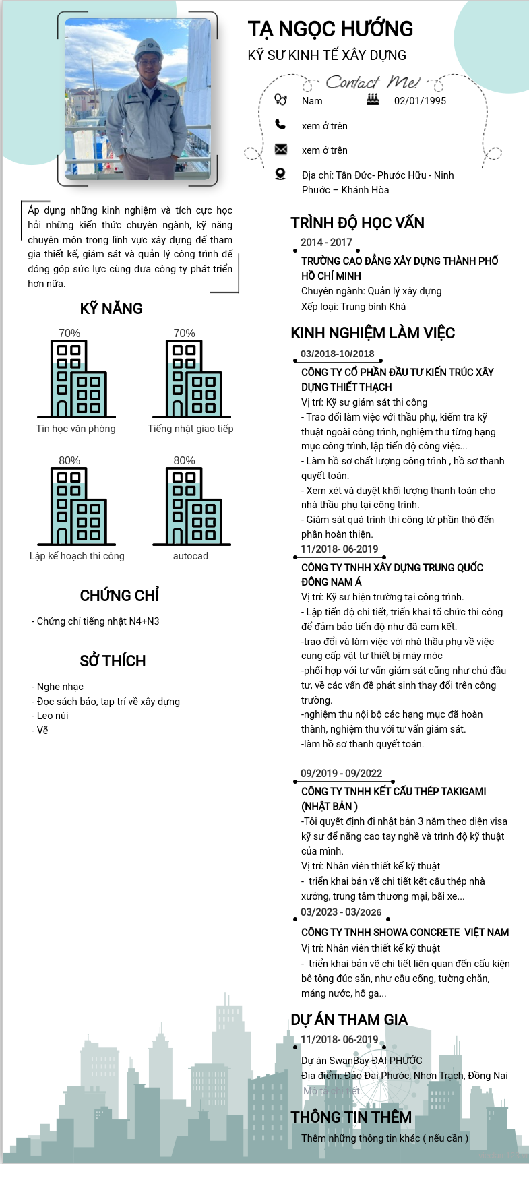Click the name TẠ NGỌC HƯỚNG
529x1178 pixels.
point(330,29)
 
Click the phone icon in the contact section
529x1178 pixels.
point(280,124)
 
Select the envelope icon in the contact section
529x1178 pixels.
point(281,149)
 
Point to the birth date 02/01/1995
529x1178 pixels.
point(420,101)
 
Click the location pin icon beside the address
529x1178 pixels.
point(280,174)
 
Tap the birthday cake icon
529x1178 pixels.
point(373,100)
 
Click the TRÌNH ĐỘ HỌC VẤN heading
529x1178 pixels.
point(357,223)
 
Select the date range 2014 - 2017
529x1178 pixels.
point(326,243)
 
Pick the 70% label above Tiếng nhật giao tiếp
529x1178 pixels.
point(184,333)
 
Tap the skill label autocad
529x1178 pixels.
point(191,556)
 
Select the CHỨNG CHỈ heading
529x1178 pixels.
point(119,596)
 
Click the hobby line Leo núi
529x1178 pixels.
point(53,716)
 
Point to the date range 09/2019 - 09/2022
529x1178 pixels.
point(341,774)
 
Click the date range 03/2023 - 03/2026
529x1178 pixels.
point(341,912)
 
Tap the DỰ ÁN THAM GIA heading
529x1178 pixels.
point(349,1020)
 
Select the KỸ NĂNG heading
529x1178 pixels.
point(111,309)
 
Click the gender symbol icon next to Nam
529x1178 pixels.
point(280,100)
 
